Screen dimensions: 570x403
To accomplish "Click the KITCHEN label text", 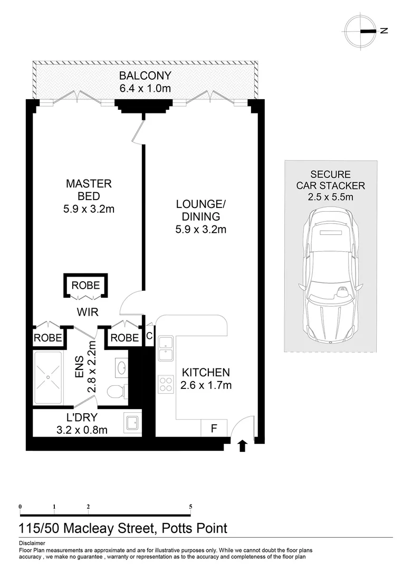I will [x=206, y=372].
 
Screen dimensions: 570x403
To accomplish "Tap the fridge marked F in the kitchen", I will [x=214, y=428].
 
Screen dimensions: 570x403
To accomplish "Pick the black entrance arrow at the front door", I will [x=242, y=446].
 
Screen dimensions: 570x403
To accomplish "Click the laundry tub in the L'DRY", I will [x=132, y=423].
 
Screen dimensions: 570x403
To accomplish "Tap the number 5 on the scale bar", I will [x=190, y=507].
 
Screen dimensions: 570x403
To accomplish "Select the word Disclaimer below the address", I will [x=32, y=543].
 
